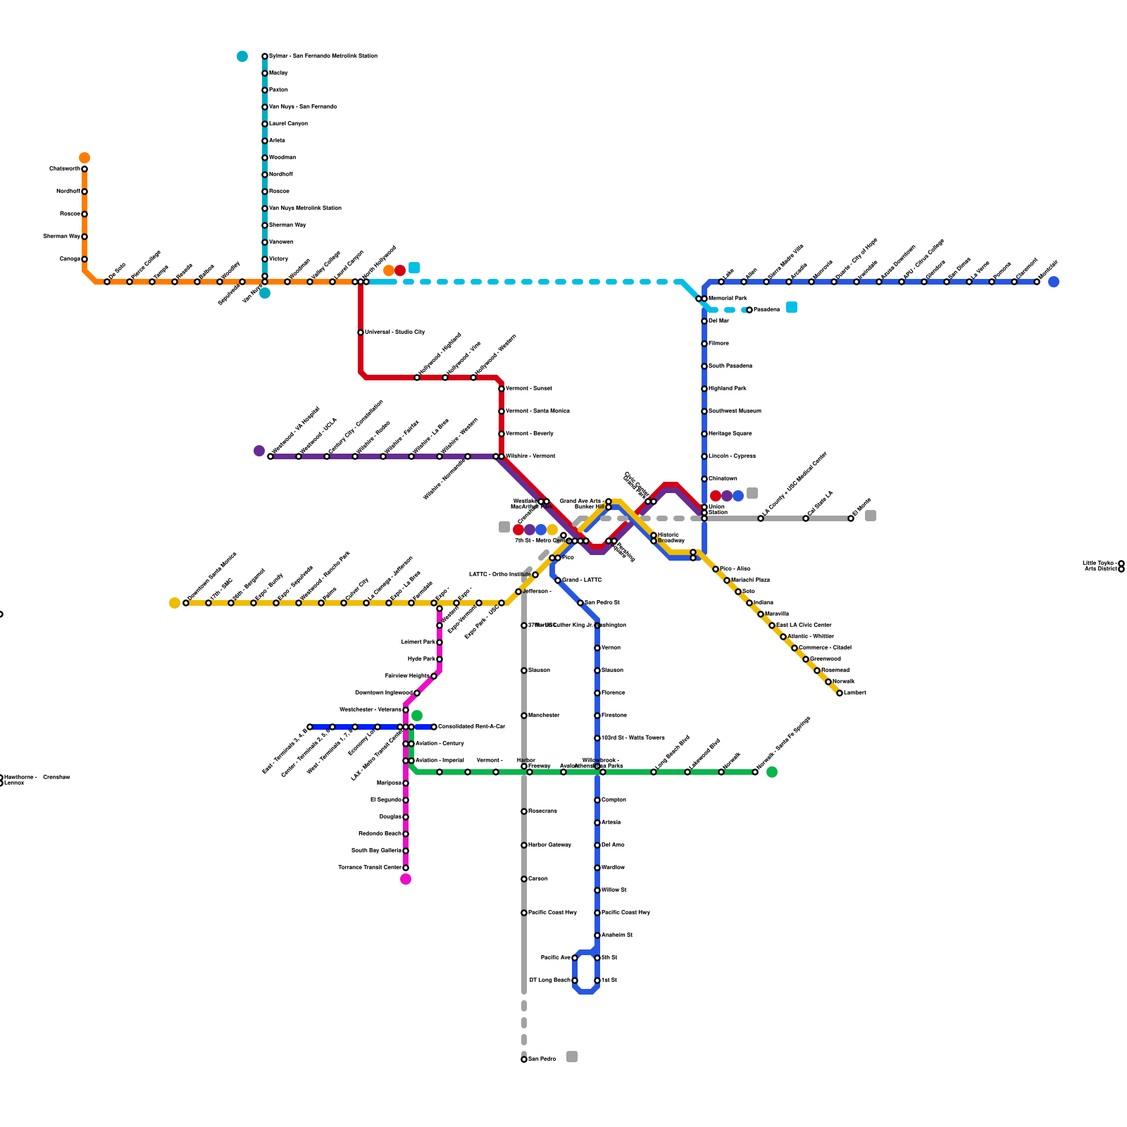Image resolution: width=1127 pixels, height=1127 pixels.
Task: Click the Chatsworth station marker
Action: coord(85,169)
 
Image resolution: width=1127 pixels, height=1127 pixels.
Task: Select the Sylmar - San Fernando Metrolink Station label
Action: coord(323,56)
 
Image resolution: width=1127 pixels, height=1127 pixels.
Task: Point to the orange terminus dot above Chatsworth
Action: coord(85,158)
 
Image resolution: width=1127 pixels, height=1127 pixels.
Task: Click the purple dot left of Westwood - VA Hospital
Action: coord(259,451)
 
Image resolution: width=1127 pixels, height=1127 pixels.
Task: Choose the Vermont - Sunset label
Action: coord(528,388)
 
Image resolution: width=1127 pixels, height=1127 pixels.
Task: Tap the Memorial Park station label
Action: coord(727,299)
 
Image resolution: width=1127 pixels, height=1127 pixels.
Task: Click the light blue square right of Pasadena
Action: coord(792,307)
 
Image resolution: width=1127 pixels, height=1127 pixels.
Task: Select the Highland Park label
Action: coord(727,388)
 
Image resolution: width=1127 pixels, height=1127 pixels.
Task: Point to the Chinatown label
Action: coord(723,478)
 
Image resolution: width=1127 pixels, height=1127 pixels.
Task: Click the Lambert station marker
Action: coord(840,693)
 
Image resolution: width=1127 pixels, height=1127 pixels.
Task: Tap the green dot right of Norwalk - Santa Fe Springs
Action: coord(772,772)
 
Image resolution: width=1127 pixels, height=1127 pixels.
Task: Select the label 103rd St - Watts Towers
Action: coord(633,737)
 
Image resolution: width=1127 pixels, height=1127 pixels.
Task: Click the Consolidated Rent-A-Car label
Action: coord(471,726)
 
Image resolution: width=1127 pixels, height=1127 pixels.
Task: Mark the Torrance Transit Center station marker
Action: coord(406,868)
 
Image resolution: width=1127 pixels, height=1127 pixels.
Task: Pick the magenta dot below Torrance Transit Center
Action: coord(406,879)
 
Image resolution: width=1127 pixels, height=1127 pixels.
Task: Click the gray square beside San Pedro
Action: coord(572,1057)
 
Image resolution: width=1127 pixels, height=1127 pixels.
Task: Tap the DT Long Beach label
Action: coord(549,980)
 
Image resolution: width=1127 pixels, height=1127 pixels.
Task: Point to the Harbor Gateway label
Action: coord(549,845)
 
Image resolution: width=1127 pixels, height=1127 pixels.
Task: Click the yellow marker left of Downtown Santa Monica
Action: coord(175,603)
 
